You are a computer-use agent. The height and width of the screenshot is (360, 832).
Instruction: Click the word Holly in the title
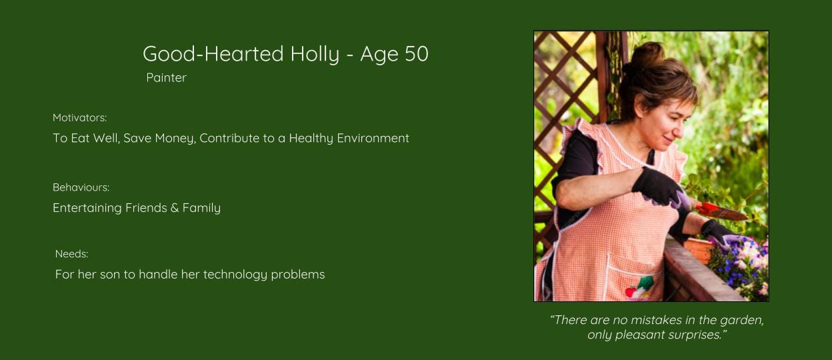tap(315, 54)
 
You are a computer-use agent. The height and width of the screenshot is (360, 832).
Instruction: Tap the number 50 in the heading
tap(417, 53)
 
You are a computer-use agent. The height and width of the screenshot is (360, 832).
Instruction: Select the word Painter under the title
tap(167, 77)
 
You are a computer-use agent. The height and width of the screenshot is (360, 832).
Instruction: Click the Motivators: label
tap(79, 118)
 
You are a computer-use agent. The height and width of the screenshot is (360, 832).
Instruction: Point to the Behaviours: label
tap(81, 187)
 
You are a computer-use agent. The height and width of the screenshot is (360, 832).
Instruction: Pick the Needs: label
tap(72, 254)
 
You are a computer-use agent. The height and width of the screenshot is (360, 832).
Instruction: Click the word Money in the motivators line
tap(175, 139)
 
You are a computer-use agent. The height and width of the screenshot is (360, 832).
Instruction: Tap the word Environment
tap(373, 138)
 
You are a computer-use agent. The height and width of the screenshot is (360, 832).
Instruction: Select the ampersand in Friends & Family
tap(175, 208)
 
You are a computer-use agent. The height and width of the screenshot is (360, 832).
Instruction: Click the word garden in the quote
tap(742, 320)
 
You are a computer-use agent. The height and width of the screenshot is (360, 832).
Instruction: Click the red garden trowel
tap(721, 211)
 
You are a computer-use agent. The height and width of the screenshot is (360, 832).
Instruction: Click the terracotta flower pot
tap(698, 249)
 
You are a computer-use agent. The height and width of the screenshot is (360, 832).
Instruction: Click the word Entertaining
tap(87, 208)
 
